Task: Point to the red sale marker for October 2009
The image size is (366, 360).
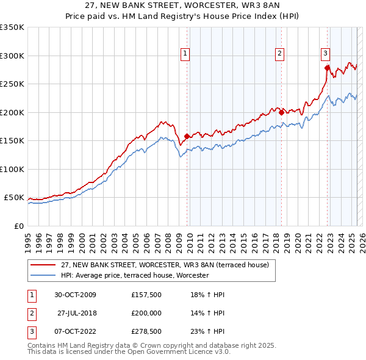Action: pos(187,137)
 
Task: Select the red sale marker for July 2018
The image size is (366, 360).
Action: pos(281,112)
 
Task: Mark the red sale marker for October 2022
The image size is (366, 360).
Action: pos(327,68)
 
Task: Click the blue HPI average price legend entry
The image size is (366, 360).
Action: pos(134,276)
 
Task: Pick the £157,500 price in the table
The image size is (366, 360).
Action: pos(146,295)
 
